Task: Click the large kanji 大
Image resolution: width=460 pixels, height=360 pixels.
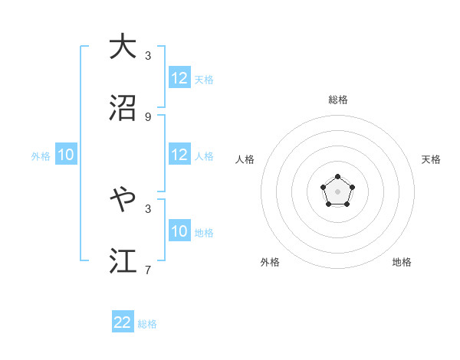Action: click(x=123, y=47)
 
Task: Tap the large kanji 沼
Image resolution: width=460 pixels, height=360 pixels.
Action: click(x=123, y=107)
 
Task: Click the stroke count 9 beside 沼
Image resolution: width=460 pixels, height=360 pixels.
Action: click(x=148, y=116)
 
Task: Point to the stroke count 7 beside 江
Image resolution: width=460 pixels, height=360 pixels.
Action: click(x=148, y=270)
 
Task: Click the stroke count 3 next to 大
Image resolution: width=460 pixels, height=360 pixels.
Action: click(x=148, y=55)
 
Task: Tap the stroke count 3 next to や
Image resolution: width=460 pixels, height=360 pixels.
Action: click(x=148, y=208)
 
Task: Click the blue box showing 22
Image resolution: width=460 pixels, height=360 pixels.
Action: click(x=123, y=322)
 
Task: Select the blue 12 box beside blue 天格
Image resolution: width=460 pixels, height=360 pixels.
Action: click(x=179, y=78)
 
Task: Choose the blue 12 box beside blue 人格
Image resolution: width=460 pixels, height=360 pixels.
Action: click(x=179, y=155)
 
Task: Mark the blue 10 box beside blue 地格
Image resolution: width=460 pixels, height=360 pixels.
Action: click(x=179, y=231)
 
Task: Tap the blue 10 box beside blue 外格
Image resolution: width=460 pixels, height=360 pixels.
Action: click(x=66, y=155)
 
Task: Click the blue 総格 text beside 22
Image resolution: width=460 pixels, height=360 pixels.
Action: click(x=147, y=324)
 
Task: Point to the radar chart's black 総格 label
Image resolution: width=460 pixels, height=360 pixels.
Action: click(x=337, y=100)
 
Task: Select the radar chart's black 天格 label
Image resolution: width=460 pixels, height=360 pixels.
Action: click(x=431, y=159)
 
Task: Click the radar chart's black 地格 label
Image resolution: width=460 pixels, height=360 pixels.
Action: click(x=402, y=262)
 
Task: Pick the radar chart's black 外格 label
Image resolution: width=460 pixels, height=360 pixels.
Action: click(x=270, y=262)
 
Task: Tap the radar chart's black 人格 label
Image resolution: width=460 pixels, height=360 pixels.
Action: click(x=245, y=159)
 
